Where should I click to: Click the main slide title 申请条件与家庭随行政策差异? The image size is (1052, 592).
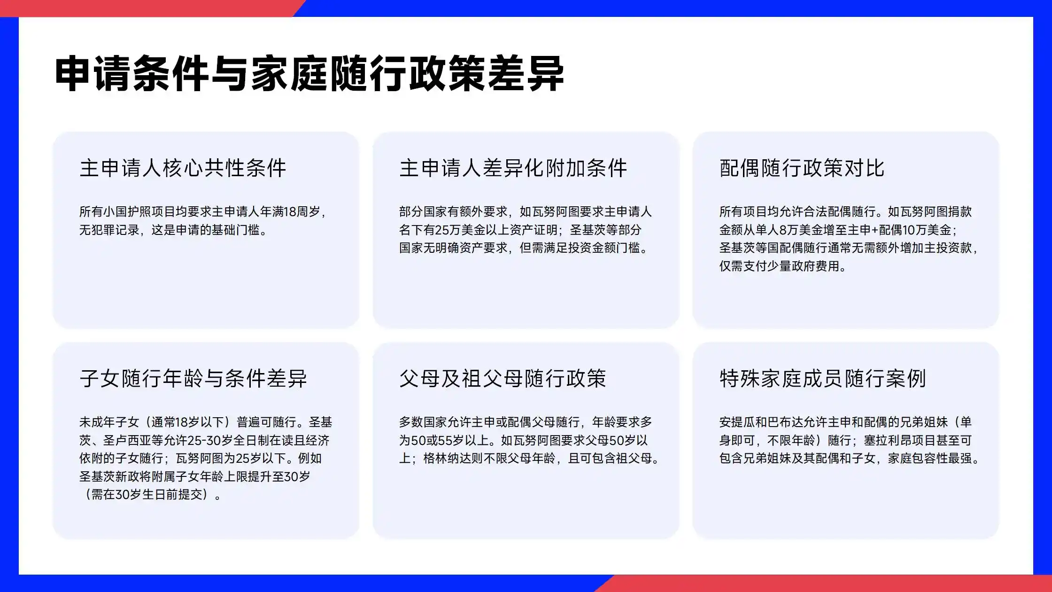309,74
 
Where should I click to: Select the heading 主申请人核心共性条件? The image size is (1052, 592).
183,168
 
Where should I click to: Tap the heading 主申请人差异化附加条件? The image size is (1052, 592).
513,168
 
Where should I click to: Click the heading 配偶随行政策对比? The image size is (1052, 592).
802,168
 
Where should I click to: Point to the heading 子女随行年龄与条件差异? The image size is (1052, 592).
193,379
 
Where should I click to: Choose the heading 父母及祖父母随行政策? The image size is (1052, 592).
503,379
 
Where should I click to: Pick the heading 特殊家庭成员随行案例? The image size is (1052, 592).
822,379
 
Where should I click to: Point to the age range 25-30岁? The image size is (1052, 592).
210,441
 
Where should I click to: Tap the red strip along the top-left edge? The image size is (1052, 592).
141,8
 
